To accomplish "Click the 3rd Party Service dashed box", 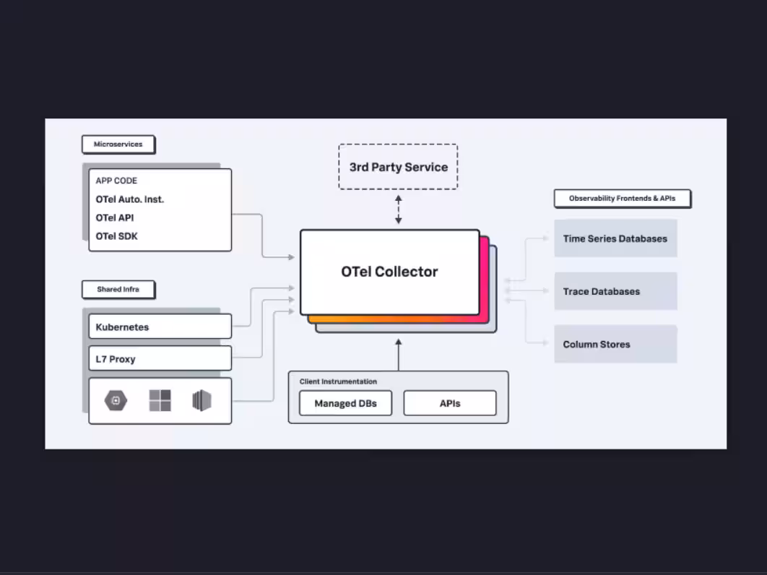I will [398, 167].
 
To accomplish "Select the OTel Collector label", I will [389, 272].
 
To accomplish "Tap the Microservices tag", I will [118, 144].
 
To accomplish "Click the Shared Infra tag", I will [118, 290].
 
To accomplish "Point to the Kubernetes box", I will [160, 327].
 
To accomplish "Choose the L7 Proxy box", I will [160, 358].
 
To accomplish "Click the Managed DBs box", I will [345, 403].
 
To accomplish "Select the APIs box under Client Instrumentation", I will [449, 403].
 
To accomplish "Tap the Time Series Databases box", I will [615, 238].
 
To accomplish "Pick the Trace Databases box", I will [615, 291].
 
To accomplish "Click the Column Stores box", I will [615, 344].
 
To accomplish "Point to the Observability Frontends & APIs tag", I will [622, 199].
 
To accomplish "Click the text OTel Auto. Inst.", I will [130, 199].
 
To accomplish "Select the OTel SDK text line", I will [116, 236].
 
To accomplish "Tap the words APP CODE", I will [116, 181].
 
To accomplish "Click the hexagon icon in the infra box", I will [116, 400].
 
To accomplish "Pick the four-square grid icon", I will [160, 400].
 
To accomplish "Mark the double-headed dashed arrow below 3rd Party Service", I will [398, 209].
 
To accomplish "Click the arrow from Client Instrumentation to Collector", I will [398, 354].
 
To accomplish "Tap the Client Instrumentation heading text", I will [338, 381].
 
